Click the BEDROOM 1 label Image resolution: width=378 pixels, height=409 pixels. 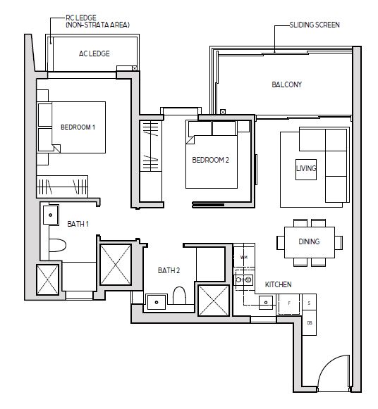click(x=78, y=127)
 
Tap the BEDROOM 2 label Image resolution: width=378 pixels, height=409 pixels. click(x=210, y=160)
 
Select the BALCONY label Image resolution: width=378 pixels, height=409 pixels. click(x=286, y=84)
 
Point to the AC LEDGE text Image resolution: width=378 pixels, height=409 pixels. click(x=94, y=54)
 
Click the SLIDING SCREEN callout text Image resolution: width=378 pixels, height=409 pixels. click(x=315, y=25)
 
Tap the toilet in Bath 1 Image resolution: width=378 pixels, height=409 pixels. click(x=57, y=245)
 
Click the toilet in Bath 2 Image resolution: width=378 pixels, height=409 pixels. click(x=179, y=295)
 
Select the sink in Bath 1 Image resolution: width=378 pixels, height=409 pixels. click(x=50, y=215)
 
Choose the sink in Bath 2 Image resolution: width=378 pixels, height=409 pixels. click(x=157, y=302)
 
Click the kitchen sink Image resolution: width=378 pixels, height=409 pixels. click(x=266, y=302)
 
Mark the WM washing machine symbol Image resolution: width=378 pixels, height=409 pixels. click(x=244, y=257)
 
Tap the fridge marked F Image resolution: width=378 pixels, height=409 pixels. click(x=289, y=303)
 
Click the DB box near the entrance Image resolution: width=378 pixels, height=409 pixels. click(x=310, y=322)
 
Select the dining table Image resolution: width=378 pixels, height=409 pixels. click(x=310, y=242)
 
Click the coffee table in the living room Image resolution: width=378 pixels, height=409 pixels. click(x=306, y=170)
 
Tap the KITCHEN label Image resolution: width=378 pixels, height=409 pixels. click(x=278, y=284)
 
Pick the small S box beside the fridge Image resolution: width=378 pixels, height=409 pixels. click(x=310, y=302)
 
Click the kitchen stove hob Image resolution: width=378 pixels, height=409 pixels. click(x=245, y=280)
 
